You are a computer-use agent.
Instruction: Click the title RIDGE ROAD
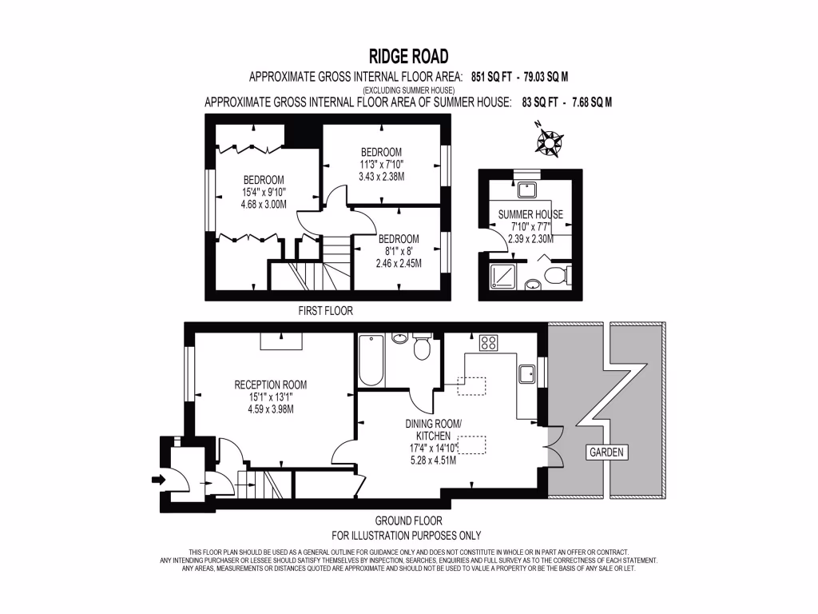408,56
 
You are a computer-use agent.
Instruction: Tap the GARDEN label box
606,453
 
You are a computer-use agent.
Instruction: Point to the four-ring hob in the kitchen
488,345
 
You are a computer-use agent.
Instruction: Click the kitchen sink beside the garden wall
526,374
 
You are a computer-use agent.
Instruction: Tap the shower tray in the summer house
501,277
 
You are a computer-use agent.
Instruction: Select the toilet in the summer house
557,276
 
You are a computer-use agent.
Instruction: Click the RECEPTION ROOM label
270,385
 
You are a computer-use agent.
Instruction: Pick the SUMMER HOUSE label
530,214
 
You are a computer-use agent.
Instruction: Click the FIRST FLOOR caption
325,310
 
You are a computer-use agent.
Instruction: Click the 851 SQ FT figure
490,78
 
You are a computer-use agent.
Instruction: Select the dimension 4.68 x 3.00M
264,204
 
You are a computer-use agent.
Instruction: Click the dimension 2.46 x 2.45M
399,263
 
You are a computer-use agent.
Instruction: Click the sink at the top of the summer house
526,189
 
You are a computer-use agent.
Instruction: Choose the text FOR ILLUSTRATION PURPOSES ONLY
406,536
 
